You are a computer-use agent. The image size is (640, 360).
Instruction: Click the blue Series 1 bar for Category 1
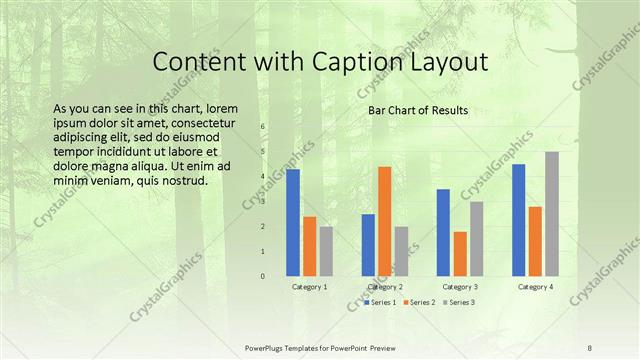pyautogui.click(x=293, y=222)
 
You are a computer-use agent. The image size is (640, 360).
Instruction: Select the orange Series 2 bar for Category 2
pyautogui.click(x=384, y=221)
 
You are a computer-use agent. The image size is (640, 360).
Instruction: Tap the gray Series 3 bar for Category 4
pyautogui.click(x=552, y=214)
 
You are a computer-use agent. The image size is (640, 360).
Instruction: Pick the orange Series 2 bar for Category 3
pyautogui.click(x=460, y=254)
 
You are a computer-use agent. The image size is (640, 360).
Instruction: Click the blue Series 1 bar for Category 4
pyautogui.click(x=518, y=220)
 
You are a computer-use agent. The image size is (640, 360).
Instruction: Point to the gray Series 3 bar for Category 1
pyautogui.click(x=327, y=251)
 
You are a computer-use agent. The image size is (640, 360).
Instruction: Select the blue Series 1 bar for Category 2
pyautogui.click(x=368, y=245)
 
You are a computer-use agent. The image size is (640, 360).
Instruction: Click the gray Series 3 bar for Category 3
pyautogui.click(x=477, y=239)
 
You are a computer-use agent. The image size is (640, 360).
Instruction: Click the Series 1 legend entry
pyautogui.click(x=381, y=302)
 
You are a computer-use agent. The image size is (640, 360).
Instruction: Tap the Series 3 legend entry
pyautogui.click(x=458, y=302)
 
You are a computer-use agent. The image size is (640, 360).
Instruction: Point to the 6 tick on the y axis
pyautogui.click(x=262, y=127)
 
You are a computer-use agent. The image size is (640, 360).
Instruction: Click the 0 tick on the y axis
pyautogui.click(x=262, y=276)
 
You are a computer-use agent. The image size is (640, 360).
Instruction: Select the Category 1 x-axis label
pyautogui.click(x=309, y=287)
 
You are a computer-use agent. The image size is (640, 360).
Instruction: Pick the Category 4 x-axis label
pyautogui.click(x=535, y=287)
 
